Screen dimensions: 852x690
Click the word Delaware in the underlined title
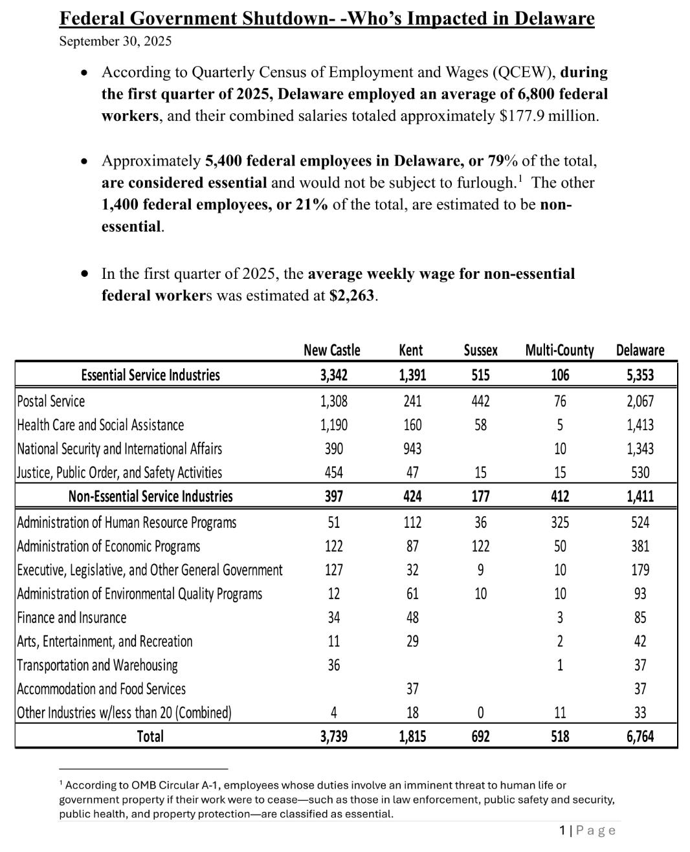tap(554, 18)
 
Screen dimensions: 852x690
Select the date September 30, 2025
tap(115, 41)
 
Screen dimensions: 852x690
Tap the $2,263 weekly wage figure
tap(352, 296)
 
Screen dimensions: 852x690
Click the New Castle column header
tap(332, 351)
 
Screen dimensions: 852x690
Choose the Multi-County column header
tap(559, 351)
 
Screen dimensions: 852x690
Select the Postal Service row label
tap(51, 401)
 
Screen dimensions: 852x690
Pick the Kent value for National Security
tap(412, 449)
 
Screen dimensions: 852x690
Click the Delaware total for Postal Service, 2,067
tap(640, 401)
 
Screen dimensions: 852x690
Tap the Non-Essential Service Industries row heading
tap(150, 497)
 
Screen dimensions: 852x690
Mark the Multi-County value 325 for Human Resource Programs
tap(560, 523)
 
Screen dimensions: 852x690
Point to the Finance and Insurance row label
tap(72, 618)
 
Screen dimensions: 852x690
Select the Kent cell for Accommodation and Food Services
tap(412, 689)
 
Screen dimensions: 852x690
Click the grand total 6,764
tap(640, 737)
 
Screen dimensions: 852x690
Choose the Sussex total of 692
tap(480, 737)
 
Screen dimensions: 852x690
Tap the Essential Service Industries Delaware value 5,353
tap(640, 375)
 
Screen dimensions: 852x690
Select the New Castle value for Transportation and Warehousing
tap(333, 665)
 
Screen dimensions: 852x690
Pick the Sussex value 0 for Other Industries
tap(480, 713)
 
